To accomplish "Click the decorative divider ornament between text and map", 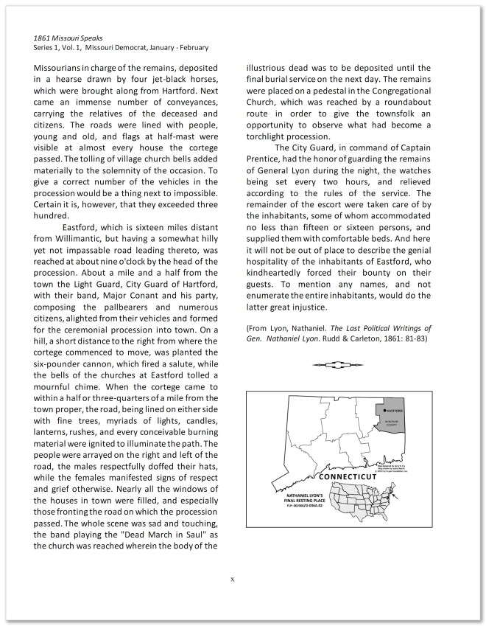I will tap(338, 364).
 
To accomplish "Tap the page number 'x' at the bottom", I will tap(233, 579).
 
